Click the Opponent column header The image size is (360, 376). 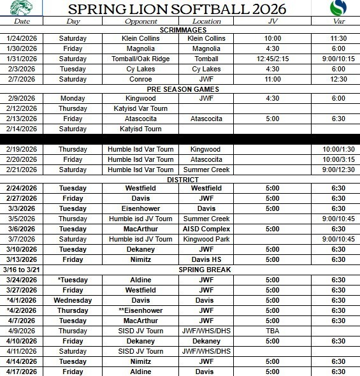point(141,21)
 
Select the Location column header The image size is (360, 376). point(206,21)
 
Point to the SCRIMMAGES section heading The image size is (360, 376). point(180,29)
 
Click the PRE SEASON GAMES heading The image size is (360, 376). point(180,89)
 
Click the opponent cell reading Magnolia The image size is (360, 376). point(141,48)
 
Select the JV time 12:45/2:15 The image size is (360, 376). point(272,59)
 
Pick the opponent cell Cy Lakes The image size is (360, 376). point(141,69)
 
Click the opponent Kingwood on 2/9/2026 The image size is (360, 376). point(141,99)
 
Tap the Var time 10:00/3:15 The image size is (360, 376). point(335,159)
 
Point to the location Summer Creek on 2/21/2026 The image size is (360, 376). point(206,170)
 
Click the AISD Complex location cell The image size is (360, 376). point(206,229)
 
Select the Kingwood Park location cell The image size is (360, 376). point(206,239)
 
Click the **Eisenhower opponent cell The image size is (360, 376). point(141,310)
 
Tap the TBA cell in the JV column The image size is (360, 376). point(272,330)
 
